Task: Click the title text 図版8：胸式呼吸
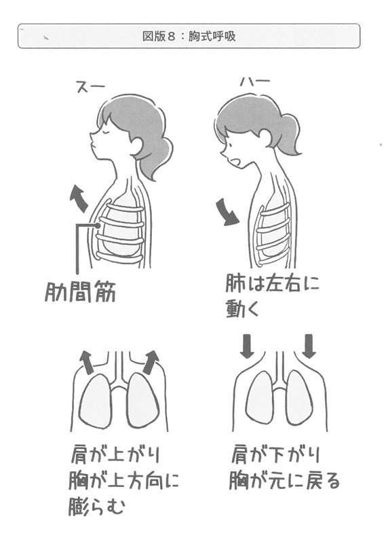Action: click(x=189, y=36)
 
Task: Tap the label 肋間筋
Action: click(x=80, y=293)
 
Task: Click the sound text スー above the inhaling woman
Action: click(x=90, y=86)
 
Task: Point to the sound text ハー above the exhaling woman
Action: click(x=255, y=82)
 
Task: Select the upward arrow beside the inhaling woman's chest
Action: click(x=79, y=198)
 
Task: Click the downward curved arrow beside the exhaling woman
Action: click(x=226, y=212)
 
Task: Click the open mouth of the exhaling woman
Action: click(x=236, y=162)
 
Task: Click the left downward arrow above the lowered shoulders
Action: click(x=247, y=346)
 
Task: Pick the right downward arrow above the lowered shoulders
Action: click(x=309, y=346)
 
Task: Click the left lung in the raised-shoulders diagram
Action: click(x=96, y=401)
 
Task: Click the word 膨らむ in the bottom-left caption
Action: click(x=97, y=507)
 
